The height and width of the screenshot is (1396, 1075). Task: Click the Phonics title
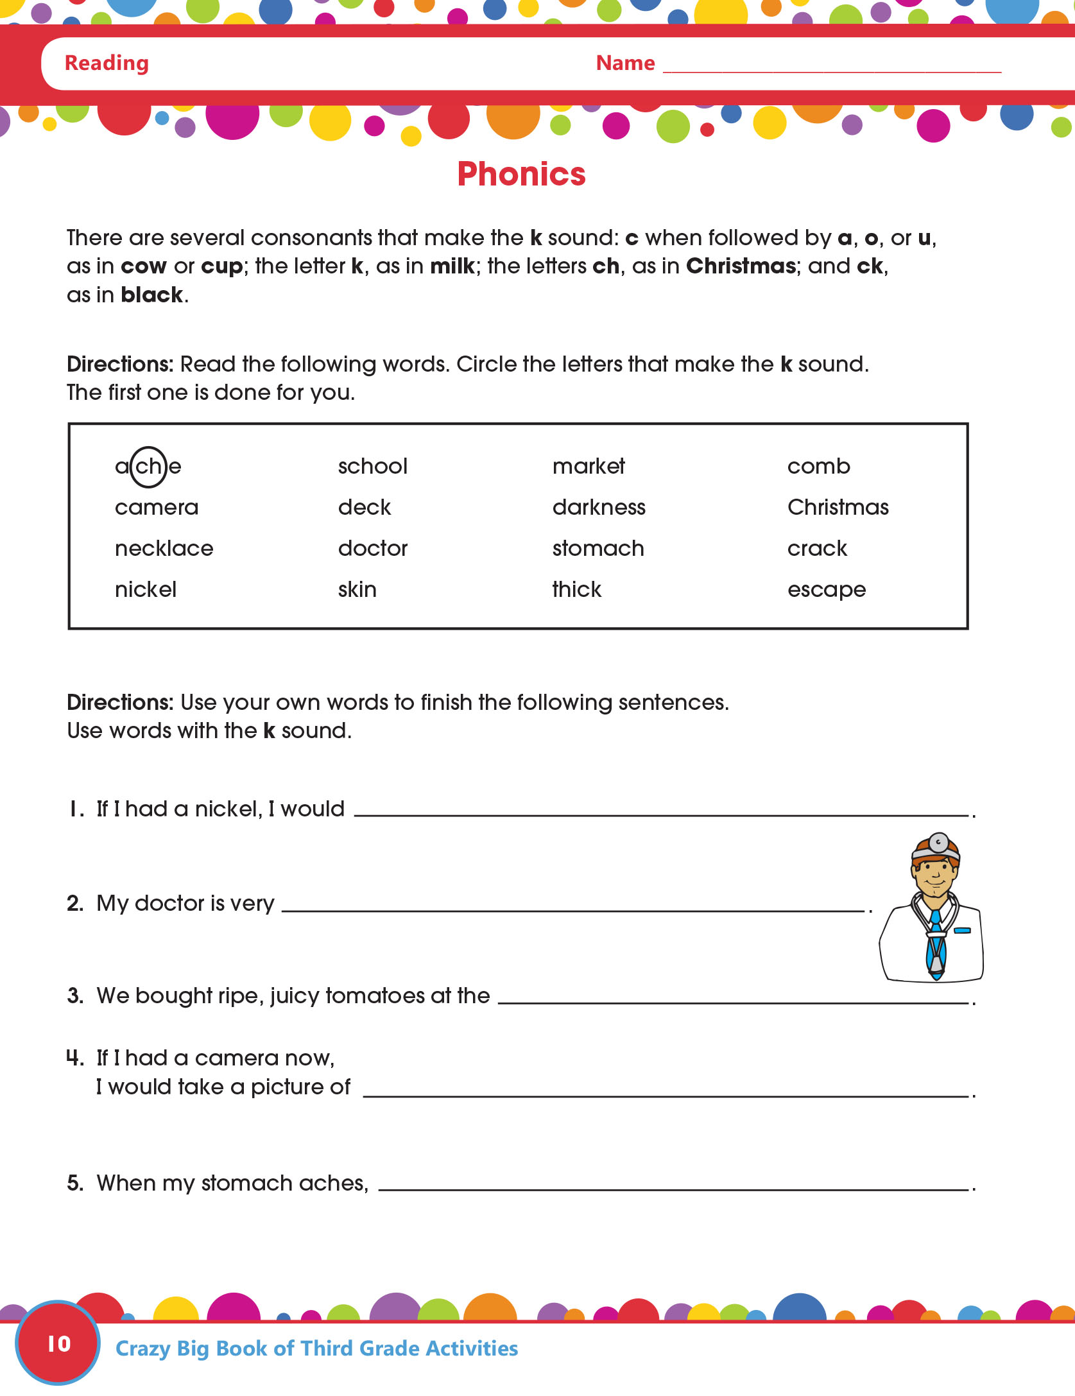521,174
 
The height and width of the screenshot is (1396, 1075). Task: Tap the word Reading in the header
107,63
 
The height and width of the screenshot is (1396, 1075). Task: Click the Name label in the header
625,63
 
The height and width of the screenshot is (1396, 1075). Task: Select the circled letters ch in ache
148,467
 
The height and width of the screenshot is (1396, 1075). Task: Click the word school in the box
373,467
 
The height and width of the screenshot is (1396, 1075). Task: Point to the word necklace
164,549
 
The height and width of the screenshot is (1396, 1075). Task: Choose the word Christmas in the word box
838,508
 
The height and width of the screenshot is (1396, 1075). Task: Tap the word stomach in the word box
598,549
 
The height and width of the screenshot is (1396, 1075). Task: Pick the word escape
827,590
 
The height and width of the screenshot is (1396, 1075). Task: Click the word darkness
599,508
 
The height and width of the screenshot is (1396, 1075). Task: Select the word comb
818,467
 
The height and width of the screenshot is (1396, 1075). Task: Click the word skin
357,590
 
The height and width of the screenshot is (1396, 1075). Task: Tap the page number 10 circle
58,1343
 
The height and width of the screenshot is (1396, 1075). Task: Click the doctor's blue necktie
936,944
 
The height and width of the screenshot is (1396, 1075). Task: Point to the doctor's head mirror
939,841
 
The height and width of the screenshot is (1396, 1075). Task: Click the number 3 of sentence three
74,996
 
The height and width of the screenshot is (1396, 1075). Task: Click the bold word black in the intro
152,295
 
